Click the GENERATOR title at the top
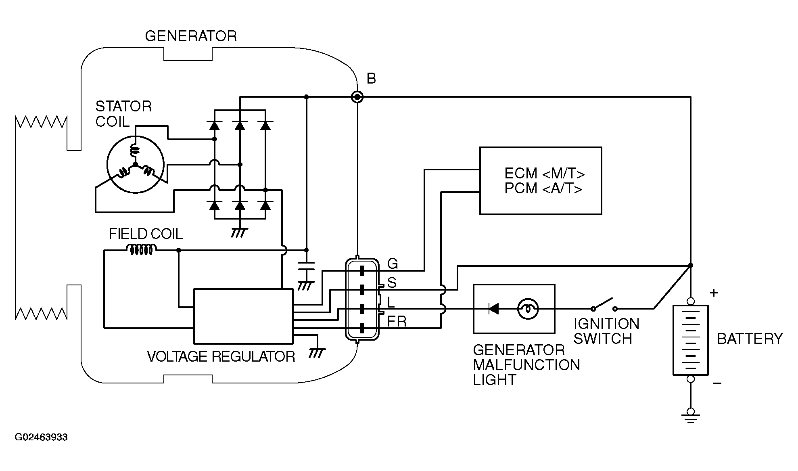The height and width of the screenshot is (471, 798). click(x=191, y=36)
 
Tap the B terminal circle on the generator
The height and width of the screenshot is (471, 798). click(x=357, y=97)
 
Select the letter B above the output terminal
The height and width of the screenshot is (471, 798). click(x=371, y=79)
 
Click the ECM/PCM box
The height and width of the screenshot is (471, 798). click(x=541, y=180)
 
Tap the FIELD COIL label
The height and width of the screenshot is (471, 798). click(x=146, y=234)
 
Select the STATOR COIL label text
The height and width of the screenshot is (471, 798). click(x=123, y=114)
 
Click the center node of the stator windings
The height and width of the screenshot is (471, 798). click(x=135, y=165)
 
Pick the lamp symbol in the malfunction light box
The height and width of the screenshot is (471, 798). click(x=528, y=309)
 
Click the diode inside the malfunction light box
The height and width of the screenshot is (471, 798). click(x=493, y=309)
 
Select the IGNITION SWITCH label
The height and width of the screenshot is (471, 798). click(x=606, y=331)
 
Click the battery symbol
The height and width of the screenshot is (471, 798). click(x=690, y=340)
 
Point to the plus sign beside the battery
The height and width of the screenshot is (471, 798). click(x=714, y=293)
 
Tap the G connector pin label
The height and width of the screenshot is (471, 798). click(x=393, y=264)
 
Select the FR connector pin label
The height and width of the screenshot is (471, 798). click(x=397, y=322)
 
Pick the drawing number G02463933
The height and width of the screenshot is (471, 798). click(x=41, y=437)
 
